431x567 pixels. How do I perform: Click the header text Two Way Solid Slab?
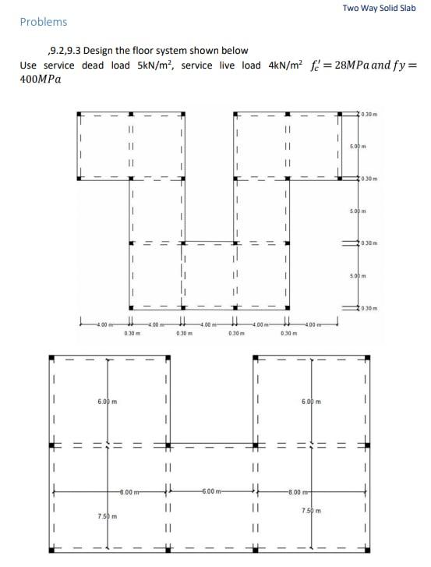(379, 8)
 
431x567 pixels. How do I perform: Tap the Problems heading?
(44, 22)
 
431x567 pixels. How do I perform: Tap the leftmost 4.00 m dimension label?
(102, 325)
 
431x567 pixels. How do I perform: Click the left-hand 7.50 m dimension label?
(108, 516)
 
